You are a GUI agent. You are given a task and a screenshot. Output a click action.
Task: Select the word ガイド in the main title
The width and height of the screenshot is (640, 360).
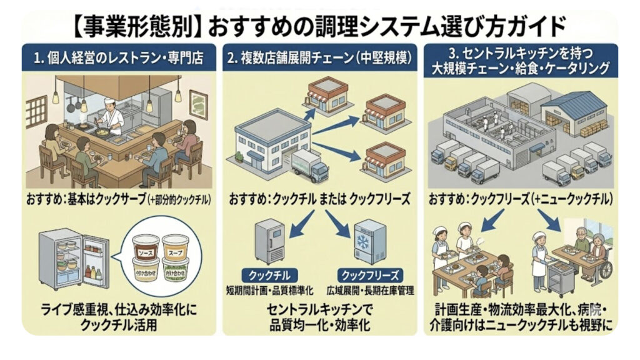click(x=536, y=27)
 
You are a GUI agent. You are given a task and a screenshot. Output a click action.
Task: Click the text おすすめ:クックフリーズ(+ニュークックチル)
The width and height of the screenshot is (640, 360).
click(x=520, y=199)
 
